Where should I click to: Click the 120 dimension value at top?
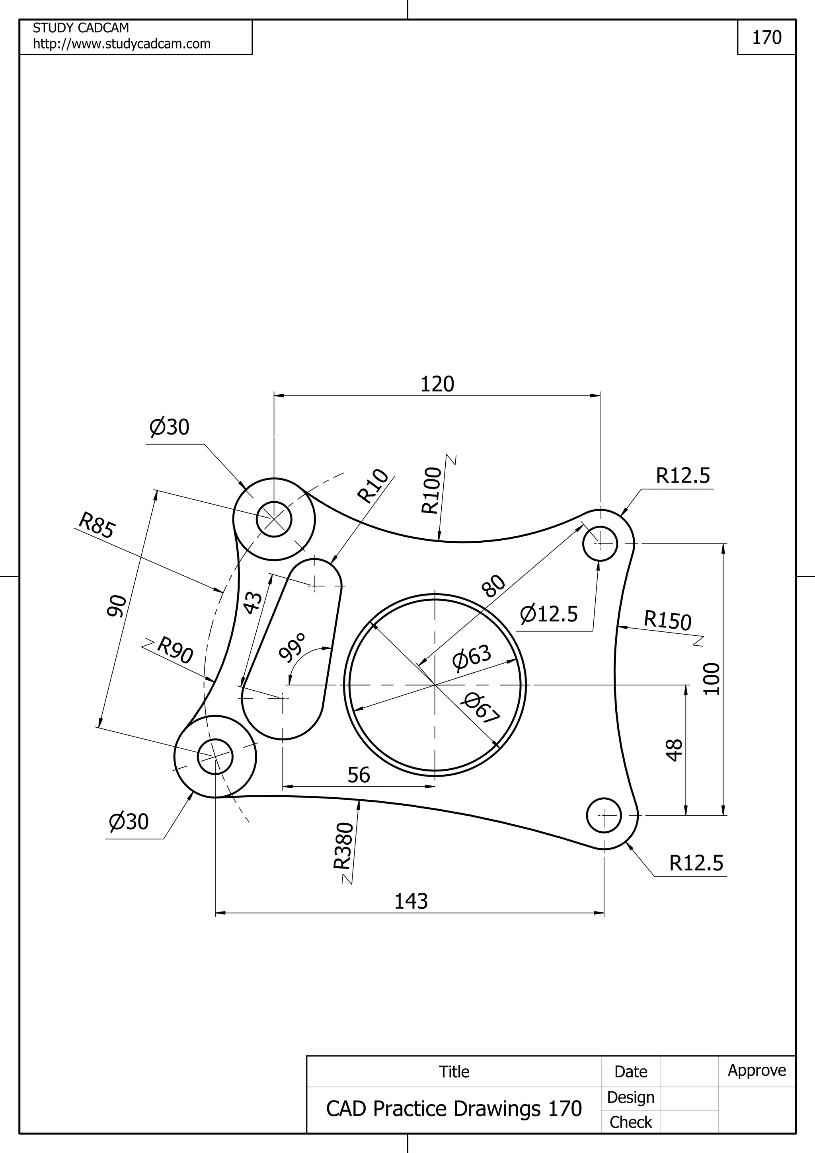437,384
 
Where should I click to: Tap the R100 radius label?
431,491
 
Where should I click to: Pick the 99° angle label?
292,648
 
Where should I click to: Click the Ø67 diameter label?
482,709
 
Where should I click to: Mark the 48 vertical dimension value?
675,750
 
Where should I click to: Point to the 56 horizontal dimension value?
359,775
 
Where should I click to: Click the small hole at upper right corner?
600,543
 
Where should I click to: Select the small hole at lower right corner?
604,816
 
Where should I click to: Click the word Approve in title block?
757,1070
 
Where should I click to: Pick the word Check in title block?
630,1122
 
